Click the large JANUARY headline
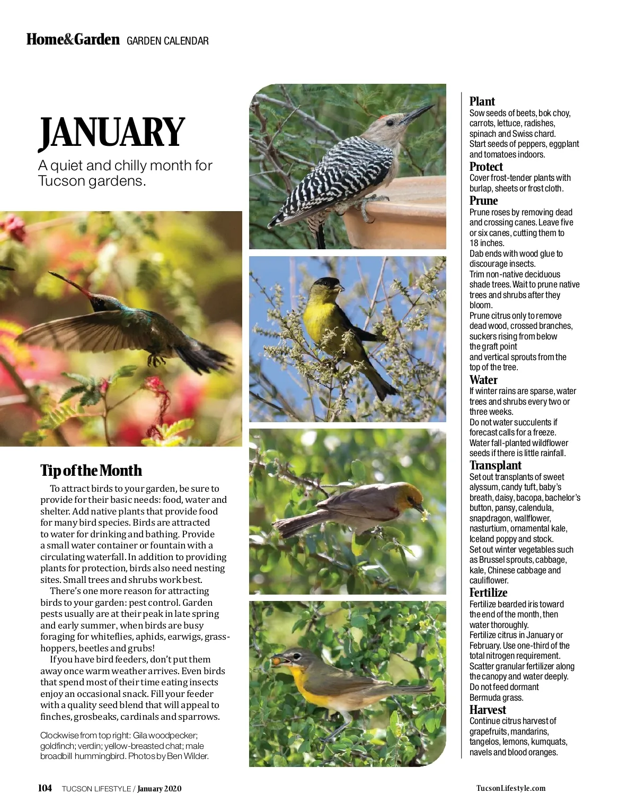[x=112, y=133]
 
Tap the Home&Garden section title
[x=73, y=40]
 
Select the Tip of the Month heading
[x=91, y=470]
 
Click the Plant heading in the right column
[x=482, y=101]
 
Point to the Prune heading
[x=483, y=200]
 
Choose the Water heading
[x=483, y=380]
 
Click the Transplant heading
[x=495, y=465]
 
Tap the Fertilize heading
[x=488, y=592]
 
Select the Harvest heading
[x=488, y=710]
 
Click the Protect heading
[x=486, y=167]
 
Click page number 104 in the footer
[x=45, y=788]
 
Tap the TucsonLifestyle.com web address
[x=510, y=788]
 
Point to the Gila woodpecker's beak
[x=418, y=113]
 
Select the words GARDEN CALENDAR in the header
[x=167, y=41]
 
